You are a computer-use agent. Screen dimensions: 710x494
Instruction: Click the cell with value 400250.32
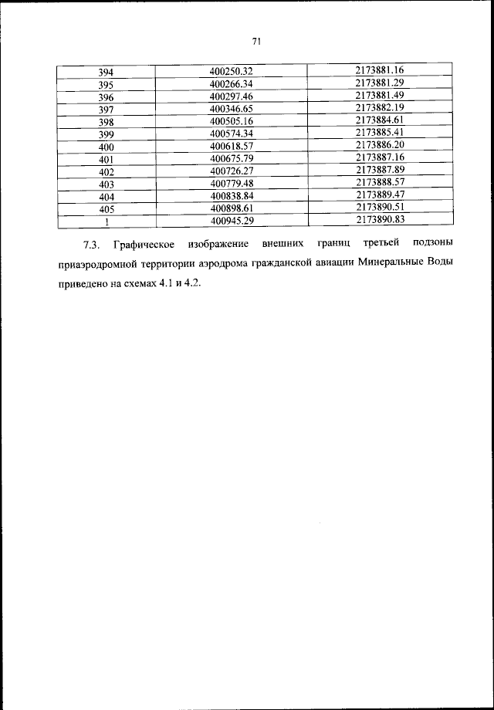(232, 73)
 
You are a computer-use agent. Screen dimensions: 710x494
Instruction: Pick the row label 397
(107, 110)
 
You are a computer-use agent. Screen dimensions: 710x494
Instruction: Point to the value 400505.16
(232, 122)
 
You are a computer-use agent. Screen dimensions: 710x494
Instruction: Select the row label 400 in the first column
(107, 147)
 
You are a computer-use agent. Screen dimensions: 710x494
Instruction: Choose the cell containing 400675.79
(232, 159)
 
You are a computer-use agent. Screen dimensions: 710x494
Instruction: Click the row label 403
(107, 184)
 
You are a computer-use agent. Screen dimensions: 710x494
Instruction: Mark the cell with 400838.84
(232, 196)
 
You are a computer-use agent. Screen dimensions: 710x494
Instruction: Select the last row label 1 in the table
(107, 221)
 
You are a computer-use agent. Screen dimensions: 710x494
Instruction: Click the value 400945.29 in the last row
(232, 221)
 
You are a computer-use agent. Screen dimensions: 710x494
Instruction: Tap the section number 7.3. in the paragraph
(92, 245)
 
